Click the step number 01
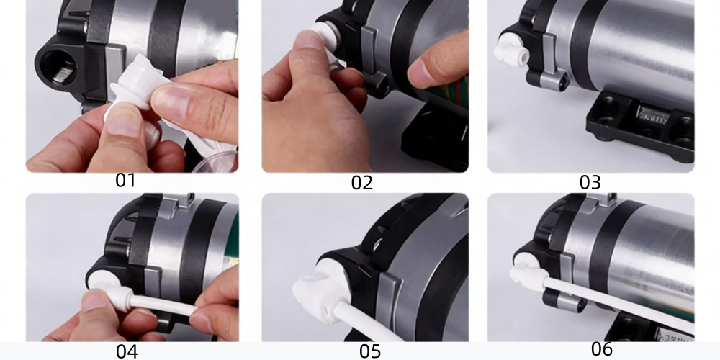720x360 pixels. click(125, 181)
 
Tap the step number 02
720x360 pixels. click(362, 183)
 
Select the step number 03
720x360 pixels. click(590, 182)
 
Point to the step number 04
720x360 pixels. click(127, 352)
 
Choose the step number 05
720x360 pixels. click(370, 352)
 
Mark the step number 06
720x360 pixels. click(602, 349)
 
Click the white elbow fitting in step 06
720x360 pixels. click(528, 274)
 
